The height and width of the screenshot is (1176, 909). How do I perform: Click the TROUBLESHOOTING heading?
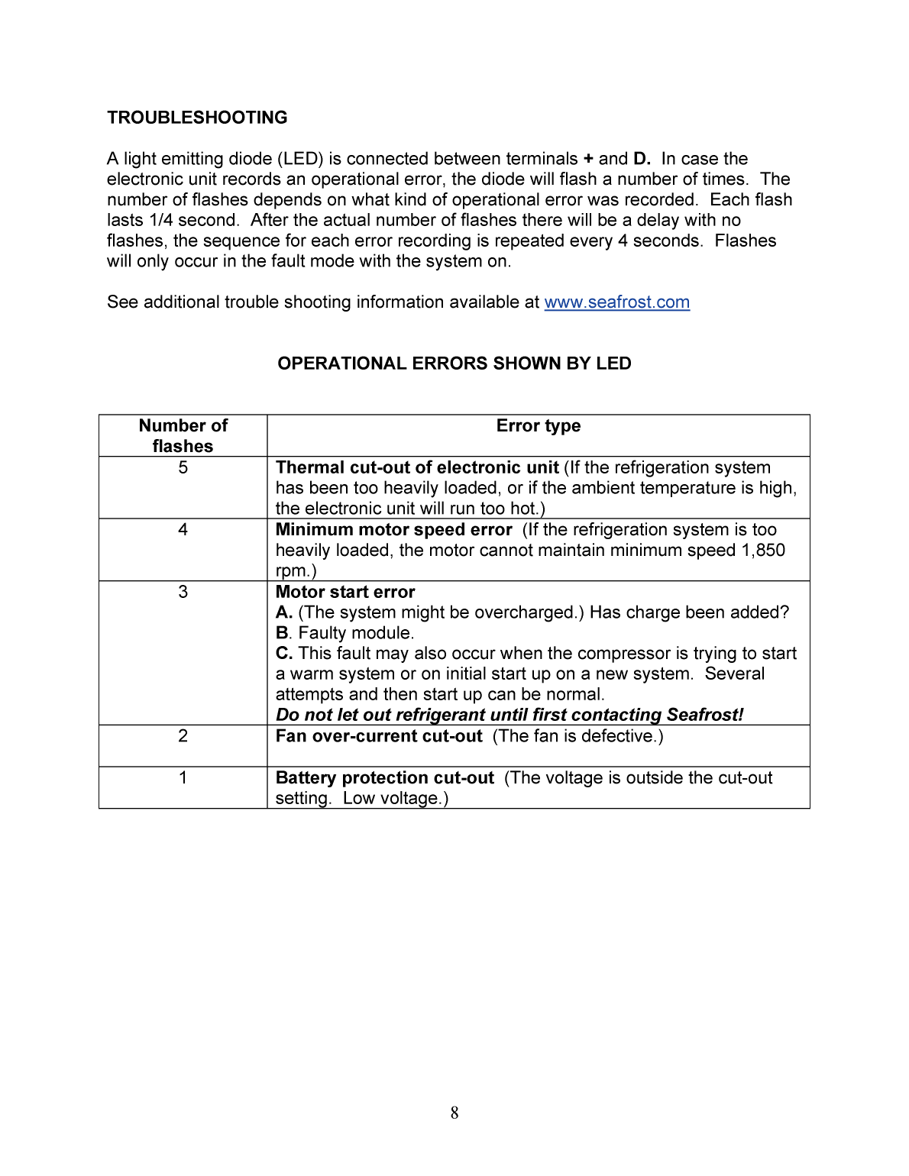pyautogui.click(x=197, y=118)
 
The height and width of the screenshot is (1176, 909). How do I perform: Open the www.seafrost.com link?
pyautogui.click(x=616, y=302)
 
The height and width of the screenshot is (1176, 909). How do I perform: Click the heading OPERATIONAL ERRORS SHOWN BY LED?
pyautogui.click(x=454, y=363)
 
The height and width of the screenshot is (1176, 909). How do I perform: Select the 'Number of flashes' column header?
pyautogui.click(x=183, y=435)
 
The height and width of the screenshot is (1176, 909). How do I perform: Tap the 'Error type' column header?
pyautogui.click(x=538, y=426)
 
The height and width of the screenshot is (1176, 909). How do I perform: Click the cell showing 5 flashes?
pyautogui.click(x=183, y=467)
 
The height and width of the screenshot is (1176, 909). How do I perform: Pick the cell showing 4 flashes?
pyautogui.click(x=183, y=529)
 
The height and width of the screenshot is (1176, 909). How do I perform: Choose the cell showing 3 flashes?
pyautogui.click(x=183, y=592)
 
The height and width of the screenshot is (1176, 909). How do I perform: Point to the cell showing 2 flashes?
pyautogui.click(x=183, y=736)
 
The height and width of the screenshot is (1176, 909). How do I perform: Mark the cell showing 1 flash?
pyautogui.click(x=183, y=777)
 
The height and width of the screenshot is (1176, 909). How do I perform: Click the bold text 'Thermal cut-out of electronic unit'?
pyautogui.click(x=417, y=467)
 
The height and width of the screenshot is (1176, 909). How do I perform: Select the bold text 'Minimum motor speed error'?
pyautogui.click(x=393, y=529)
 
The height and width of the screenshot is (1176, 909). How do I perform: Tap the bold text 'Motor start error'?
pyautogui.click(x=345, y=592)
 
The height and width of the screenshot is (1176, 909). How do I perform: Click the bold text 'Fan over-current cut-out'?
pyautogui.click(x=379, y=736)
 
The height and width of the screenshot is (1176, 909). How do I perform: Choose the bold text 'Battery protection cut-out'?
pyautogui.click(x=385, y=777)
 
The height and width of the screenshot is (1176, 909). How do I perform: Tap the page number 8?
pyautogui.click(x=454, y=1113)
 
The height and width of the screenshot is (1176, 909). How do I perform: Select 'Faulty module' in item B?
pyautogui.click(x=355, y=633)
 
